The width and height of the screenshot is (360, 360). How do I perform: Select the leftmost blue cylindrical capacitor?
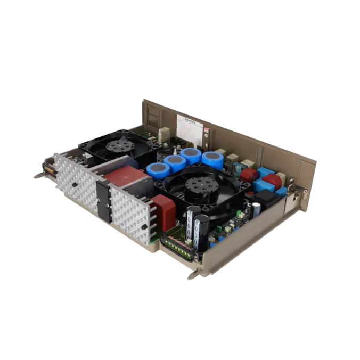tap(158, 170)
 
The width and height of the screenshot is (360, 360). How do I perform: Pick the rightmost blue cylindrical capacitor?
tap(212, 159)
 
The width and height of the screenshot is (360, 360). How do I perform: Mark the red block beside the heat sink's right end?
tap(163, 212)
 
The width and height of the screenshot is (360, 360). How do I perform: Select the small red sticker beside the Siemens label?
tap(207, 131)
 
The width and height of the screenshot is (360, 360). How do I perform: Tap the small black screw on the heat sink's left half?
tap(75, 184)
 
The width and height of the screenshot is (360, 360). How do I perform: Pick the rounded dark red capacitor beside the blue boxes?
tap(249, 174)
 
